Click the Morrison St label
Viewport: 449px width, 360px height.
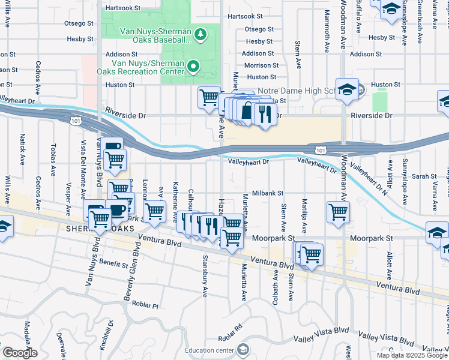click(261, 65)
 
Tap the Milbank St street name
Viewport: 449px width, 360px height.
click(267, 193)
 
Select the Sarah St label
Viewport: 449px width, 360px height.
click(424, 176)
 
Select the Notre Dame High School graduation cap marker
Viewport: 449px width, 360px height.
click(347, 89)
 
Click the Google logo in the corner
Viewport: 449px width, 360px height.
click(20, 353)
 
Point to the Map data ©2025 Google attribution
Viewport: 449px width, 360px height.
click(412, 355)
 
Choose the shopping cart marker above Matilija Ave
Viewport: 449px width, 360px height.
click(338, 211)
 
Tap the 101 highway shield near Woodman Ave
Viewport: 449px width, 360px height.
click(319, 148)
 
